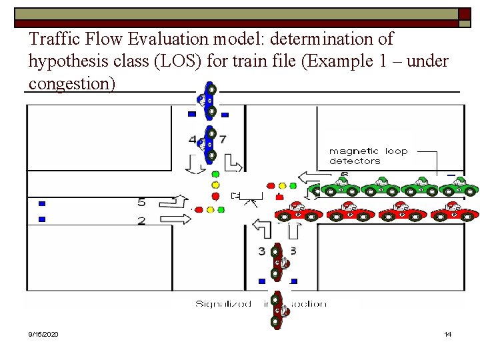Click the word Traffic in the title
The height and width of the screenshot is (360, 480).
click(53, 39)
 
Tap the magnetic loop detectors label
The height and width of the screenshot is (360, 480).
click(368, 156)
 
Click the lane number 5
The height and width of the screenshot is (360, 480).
click(141, 202)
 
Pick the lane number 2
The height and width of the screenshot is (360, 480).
click(141, 221)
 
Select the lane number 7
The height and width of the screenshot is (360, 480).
click(223, 139)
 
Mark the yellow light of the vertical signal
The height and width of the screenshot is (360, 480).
click(215, 185)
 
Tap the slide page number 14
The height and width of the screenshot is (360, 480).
click(447, 333)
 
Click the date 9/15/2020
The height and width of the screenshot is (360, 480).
click(43, 333)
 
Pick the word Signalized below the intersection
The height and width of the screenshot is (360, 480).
click(223, 304)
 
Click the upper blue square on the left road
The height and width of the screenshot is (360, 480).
click(42, 203)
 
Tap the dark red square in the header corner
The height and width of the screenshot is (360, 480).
click(464, 13)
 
